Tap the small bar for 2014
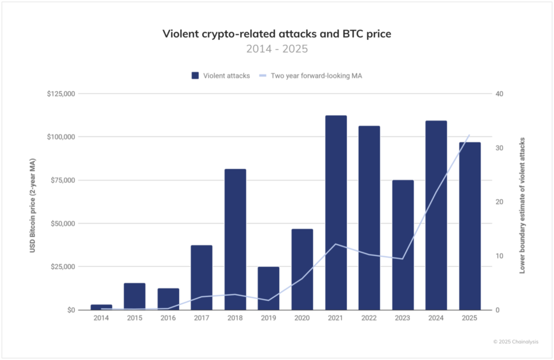click(x=101, y=307)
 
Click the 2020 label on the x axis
click(x=302, y=318)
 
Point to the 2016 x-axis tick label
click(x=168, y=318)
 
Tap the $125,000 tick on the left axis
click(x=61, y=94)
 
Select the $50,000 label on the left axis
click(x=62, y=224)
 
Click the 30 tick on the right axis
click(x=498, y=148)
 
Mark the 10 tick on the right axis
click(x=498, y=256)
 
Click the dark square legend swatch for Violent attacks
click(x=195, y=76)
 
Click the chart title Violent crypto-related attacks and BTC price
click(x=276, y=34)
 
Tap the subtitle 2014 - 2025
click(x=276, y=49)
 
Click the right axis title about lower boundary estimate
click(x=523, y=205)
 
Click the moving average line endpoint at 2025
click(x=469, y=135)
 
